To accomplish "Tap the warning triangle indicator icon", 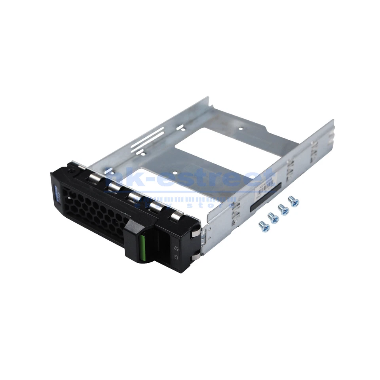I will point(175,248).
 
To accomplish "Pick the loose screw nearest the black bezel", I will point(264,226).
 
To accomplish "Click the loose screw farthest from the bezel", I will point(293,201).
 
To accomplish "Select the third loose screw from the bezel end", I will point(283,209).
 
